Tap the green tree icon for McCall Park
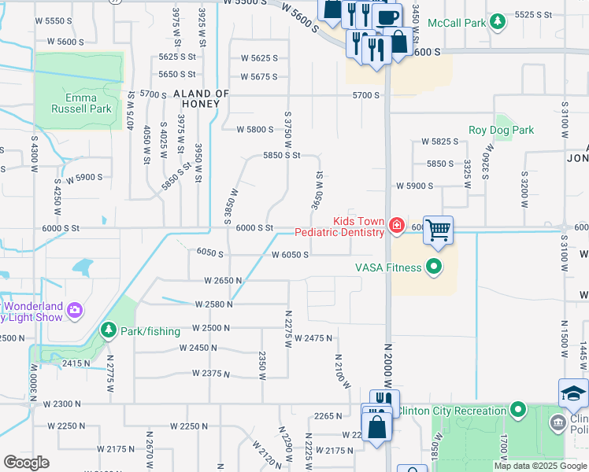(x=497, y=23)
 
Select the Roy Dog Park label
(x=501, y=130)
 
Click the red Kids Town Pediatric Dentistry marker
(x=397, y=227)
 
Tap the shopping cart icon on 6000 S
(x=438, y=230)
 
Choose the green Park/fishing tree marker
(x=108, y=331)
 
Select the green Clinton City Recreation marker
(x=517, y=411)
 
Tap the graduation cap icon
(x=573, y=393)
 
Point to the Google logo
(x=26, y=462)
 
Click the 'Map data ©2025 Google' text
(x=540, y=466)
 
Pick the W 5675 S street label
(x=259, y=76)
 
